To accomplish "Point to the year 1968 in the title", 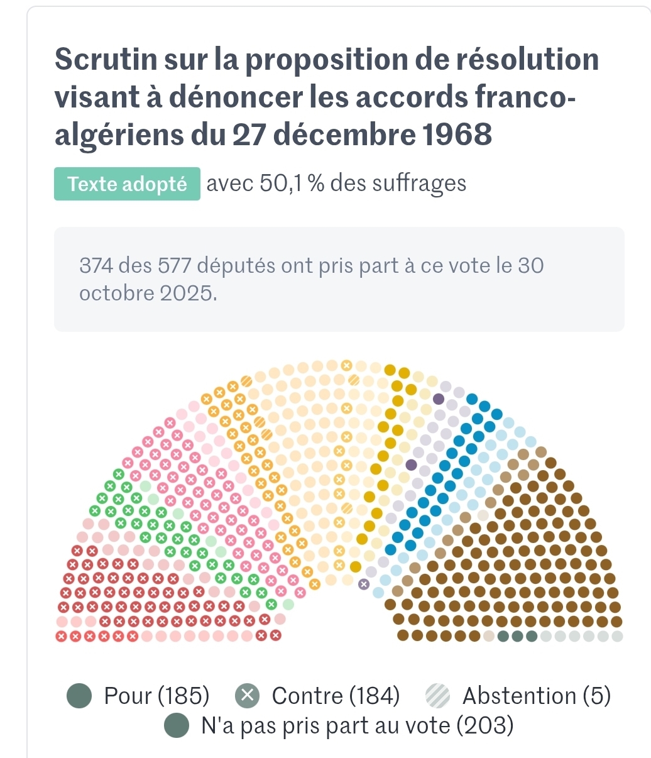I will (x=456, y=135).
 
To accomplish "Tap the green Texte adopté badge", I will (x=127, y=184).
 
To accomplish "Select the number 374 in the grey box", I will (x=96, y=266).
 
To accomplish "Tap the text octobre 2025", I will (x=148, y=293).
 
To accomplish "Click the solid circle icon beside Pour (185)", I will (x=80, y=696).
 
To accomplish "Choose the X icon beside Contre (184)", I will (x=248, y=696).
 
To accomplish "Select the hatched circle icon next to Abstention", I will (x=438, y=696).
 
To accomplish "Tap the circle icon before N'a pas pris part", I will (x=177, y=726).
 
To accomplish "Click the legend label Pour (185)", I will (x=156, y=696).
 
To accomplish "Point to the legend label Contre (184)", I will (x=336, y=696).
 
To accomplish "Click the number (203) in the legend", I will (x=484, y=726).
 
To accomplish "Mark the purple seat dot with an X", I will (x=363, y=584).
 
